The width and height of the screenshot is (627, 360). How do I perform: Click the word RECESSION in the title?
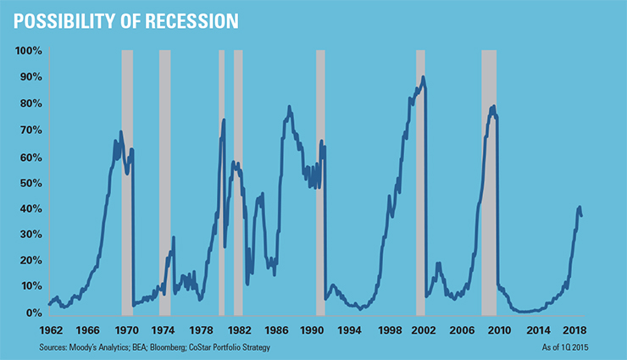(191, 21)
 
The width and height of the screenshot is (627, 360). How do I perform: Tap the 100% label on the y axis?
(29, 51)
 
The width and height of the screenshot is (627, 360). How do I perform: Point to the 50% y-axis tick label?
(31, 184)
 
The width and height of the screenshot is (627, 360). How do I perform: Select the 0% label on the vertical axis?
(34, 313)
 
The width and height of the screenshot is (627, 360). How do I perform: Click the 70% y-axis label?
(31, 130)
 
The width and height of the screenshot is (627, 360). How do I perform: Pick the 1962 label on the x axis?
(51, 330)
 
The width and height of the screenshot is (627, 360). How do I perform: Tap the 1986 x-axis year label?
(276, 330)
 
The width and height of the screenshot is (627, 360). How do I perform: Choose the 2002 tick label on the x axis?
(424, 330)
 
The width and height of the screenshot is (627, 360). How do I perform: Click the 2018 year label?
(574, 330)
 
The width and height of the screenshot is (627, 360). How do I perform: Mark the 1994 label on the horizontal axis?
(349, 330)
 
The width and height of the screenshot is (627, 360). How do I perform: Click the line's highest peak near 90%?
(423, 77)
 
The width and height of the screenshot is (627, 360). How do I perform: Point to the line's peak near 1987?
(289, 107)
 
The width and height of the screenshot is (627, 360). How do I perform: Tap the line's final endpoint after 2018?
(581, 216)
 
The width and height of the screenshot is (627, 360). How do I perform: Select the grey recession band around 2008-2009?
(489, 183)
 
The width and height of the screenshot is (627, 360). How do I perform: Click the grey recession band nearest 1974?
(164, 183)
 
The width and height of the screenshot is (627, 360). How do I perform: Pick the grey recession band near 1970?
(127, 183)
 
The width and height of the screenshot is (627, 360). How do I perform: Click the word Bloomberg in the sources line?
(168, 347)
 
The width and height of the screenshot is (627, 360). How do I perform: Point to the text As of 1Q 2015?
(565, 347)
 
